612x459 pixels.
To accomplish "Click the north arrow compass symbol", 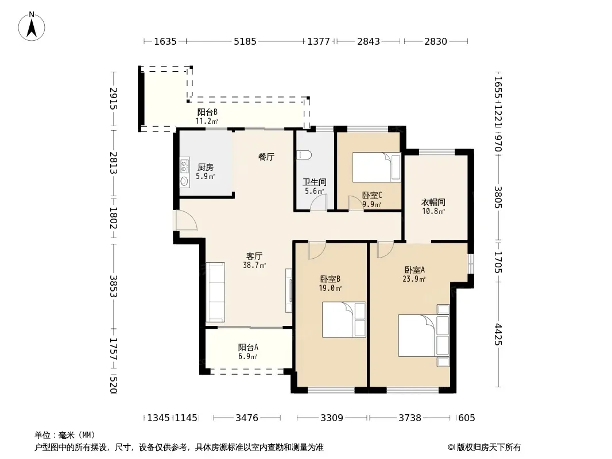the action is pos(32,26).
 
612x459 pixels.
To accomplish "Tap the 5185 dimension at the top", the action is pos(245,41).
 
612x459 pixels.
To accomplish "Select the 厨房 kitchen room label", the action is pos(206,168).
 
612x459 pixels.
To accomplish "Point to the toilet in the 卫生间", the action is pos(304,155).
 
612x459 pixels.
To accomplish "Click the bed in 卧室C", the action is pos(377,167).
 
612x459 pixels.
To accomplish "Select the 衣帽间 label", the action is pos(433,203).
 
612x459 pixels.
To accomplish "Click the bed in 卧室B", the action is pos(344,320).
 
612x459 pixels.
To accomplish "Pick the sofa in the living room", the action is pos(215,292).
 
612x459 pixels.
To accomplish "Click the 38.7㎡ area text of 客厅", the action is pos(254,266).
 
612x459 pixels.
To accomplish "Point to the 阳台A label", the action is pos(248,347).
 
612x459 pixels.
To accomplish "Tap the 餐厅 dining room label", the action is pos(266,157).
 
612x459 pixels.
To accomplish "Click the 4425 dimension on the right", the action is pos(498,334).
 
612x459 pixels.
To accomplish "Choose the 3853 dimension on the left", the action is pos(113,286).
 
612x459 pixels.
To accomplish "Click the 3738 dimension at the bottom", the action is pos(410,418).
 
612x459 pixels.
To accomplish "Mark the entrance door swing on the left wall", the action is pos(186,221).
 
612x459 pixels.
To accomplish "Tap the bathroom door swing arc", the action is pos(319,203).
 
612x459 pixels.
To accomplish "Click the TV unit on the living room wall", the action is pos(289,290).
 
